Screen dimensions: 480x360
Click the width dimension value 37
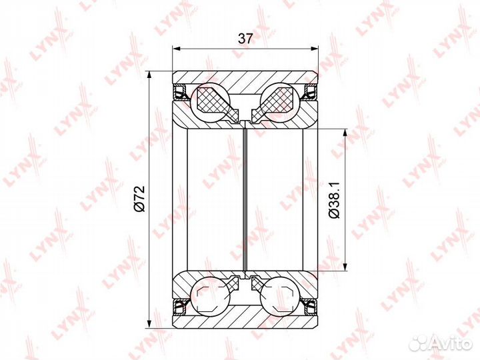point(245,39)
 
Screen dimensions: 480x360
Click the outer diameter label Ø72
point(139,199)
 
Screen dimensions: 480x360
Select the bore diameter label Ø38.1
point(334,200)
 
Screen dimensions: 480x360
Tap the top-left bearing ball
point(210,102)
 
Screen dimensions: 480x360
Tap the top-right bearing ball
point(279,102)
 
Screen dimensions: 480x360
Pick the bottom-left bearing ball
point(210,296)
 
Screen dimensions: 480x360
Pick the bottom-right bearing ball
point(279,296)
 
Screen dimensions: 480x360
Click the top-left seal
point(181,93)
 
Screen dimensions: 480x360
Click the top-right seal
point(310,93)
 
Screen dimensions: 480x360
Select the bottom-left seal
point(181,307)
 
